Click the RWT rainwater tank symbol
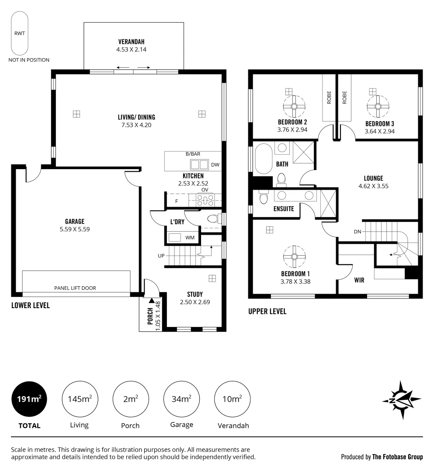click(20, 33)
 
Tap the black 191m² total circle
click(29, 399)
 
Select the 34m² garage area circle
click(181, 399)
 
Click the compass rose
click(402, 400)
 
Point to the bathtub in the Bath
click(264, 159)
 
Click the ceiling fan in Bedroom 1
click(294, 257)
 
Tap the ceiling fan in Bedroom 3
click(378, 106)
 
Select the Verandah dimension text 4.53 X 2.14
click(131, 50)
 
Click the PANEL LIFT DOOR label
click(75, 288)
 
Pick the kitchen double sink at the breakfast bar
click(199, 165)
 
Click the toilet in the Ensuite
click(264, 198)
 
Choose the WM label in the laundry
click(190, 237)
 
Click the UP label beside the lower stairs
click(161, 256)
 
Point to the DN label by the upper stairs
click(357, 232)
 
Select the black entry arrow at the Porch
click(151, 300)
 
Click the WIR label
click(359, 280)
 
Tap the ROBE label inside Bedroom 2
click(329, 97)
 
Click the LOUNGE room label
click(374, 178)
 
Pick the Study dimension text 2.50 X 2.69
click(195, 302)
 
